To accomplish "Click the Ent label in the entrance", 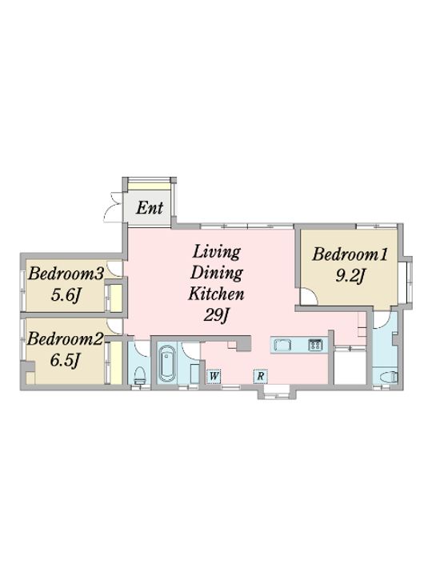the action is click(x=150, y=208).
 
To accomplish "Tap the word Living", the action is click(x=216, y=252).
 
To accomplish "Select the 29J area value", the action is click(x=216, y=315).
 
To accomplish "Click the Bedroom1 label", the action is click(x=350, y=254).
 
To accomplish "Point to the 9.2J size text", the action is click(x=350, y=275).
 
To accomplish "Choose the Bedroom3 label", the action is click(x=66, y=274).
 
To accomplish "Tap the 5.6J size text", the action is click(x=66, y=294).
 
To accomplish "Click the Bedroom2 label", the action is click(x=65, y=339).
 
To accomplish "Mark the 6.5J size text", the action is click(x=65, y=360).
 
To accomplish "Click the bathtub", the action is click(x=166, y=363).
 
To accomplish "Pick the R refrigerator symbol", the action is click(x=260, y=376).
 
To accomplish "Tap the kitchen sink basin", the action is click(x=282, y=345).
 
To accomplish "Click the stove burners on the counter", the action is click(x=315, y=345).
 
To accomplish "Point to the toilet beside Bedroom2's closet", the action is click(x=139, y=375).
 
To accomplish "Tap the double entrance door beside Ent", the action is click(x=113, y=208).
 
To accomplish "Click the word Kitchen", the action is click(x=216, y=294).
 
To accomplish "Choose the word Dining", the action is click(x=216, y=274).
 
